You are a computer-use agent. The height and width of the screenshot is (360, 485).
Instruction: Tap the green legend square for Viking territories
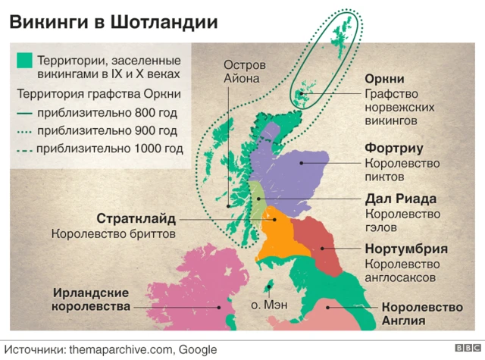coord(24,59)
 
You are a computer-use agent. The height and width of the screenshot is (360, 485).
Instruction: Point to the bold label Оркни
coord(384,79)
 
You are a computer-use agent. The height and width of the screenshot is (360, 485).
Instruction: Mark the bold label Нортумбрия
coord(405,249)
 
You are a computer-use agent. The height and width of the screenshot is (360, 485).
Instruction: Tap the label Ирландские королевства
coord(90,299)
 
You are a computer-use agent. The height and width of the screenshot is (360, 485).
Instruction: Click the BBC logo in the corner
coord(463,349)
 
